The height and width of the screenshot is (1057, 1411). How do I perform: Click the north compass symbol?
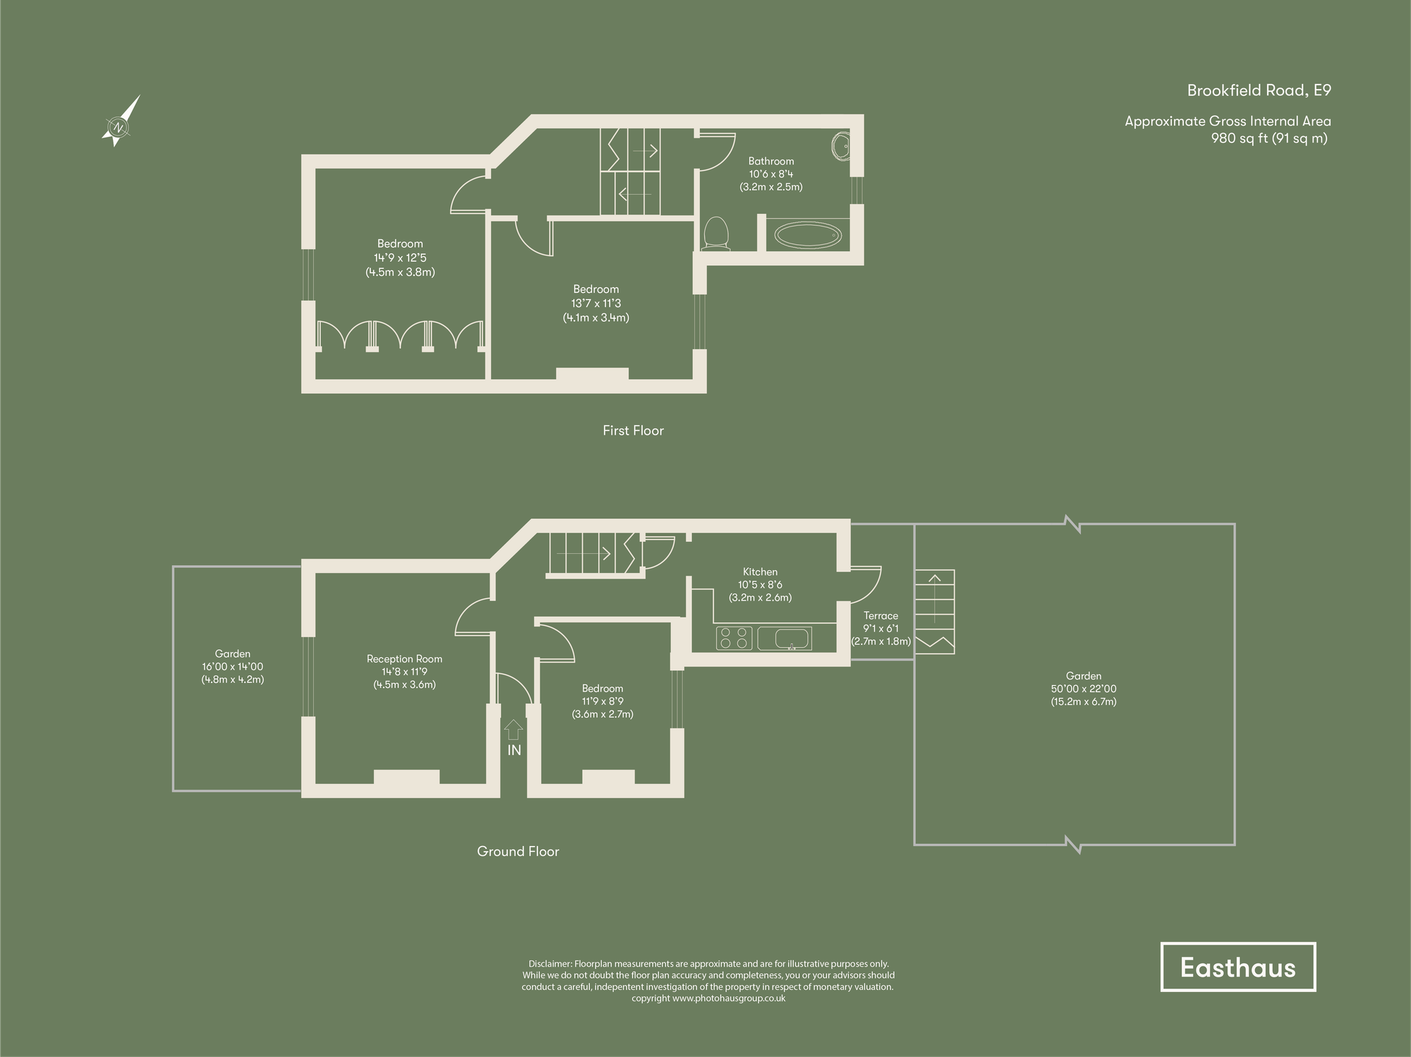[x=119, y=127]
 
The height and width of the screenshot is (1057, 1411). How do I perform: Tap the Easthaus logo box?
[x=1237, y=967]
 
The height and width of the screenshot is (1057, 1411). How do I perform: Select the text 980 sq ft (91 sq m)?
[x=1269, y=138]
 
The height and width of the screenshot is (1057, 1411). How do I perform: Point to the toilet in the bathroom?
[x=716, y=234]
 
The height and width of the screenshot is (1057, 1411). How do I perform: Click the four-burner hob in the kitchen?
[x=734, y=638]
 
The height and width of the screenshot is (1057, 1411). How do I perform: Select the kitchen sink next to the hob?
[x=785, y=639]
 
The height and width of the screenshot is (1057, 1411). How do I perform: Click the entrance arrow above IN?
[x=514, y=729]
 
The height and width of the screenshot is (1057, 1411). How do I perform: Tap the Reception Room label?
[x=404, y=659]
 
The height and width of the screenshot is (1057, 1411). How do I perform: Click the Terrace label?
[x=880, y=616]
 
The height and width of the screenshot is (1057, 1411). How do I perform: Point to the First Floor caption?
[x=633, y=430]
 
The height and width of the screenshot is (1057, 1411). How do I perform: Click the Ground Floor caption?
[x=518, y=852]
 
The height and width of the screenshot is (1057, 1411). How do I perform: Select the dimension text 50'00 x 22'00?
[x=1084, y=689]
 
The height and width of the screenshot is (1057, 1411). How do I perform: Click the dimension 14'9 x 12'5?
[x=400, y=258]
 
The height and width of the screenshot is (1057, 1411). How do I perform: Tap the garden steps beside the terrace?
[x=935, y=610]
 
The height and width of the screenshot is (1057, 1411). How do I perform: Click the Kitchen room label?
[x=760, y=572]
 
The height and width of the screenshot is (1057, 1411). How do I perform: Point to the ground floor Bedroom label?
[x=602, y=689]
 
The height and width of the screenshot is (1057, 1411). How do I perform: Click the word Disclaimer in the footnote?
[x=550, y=964]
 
